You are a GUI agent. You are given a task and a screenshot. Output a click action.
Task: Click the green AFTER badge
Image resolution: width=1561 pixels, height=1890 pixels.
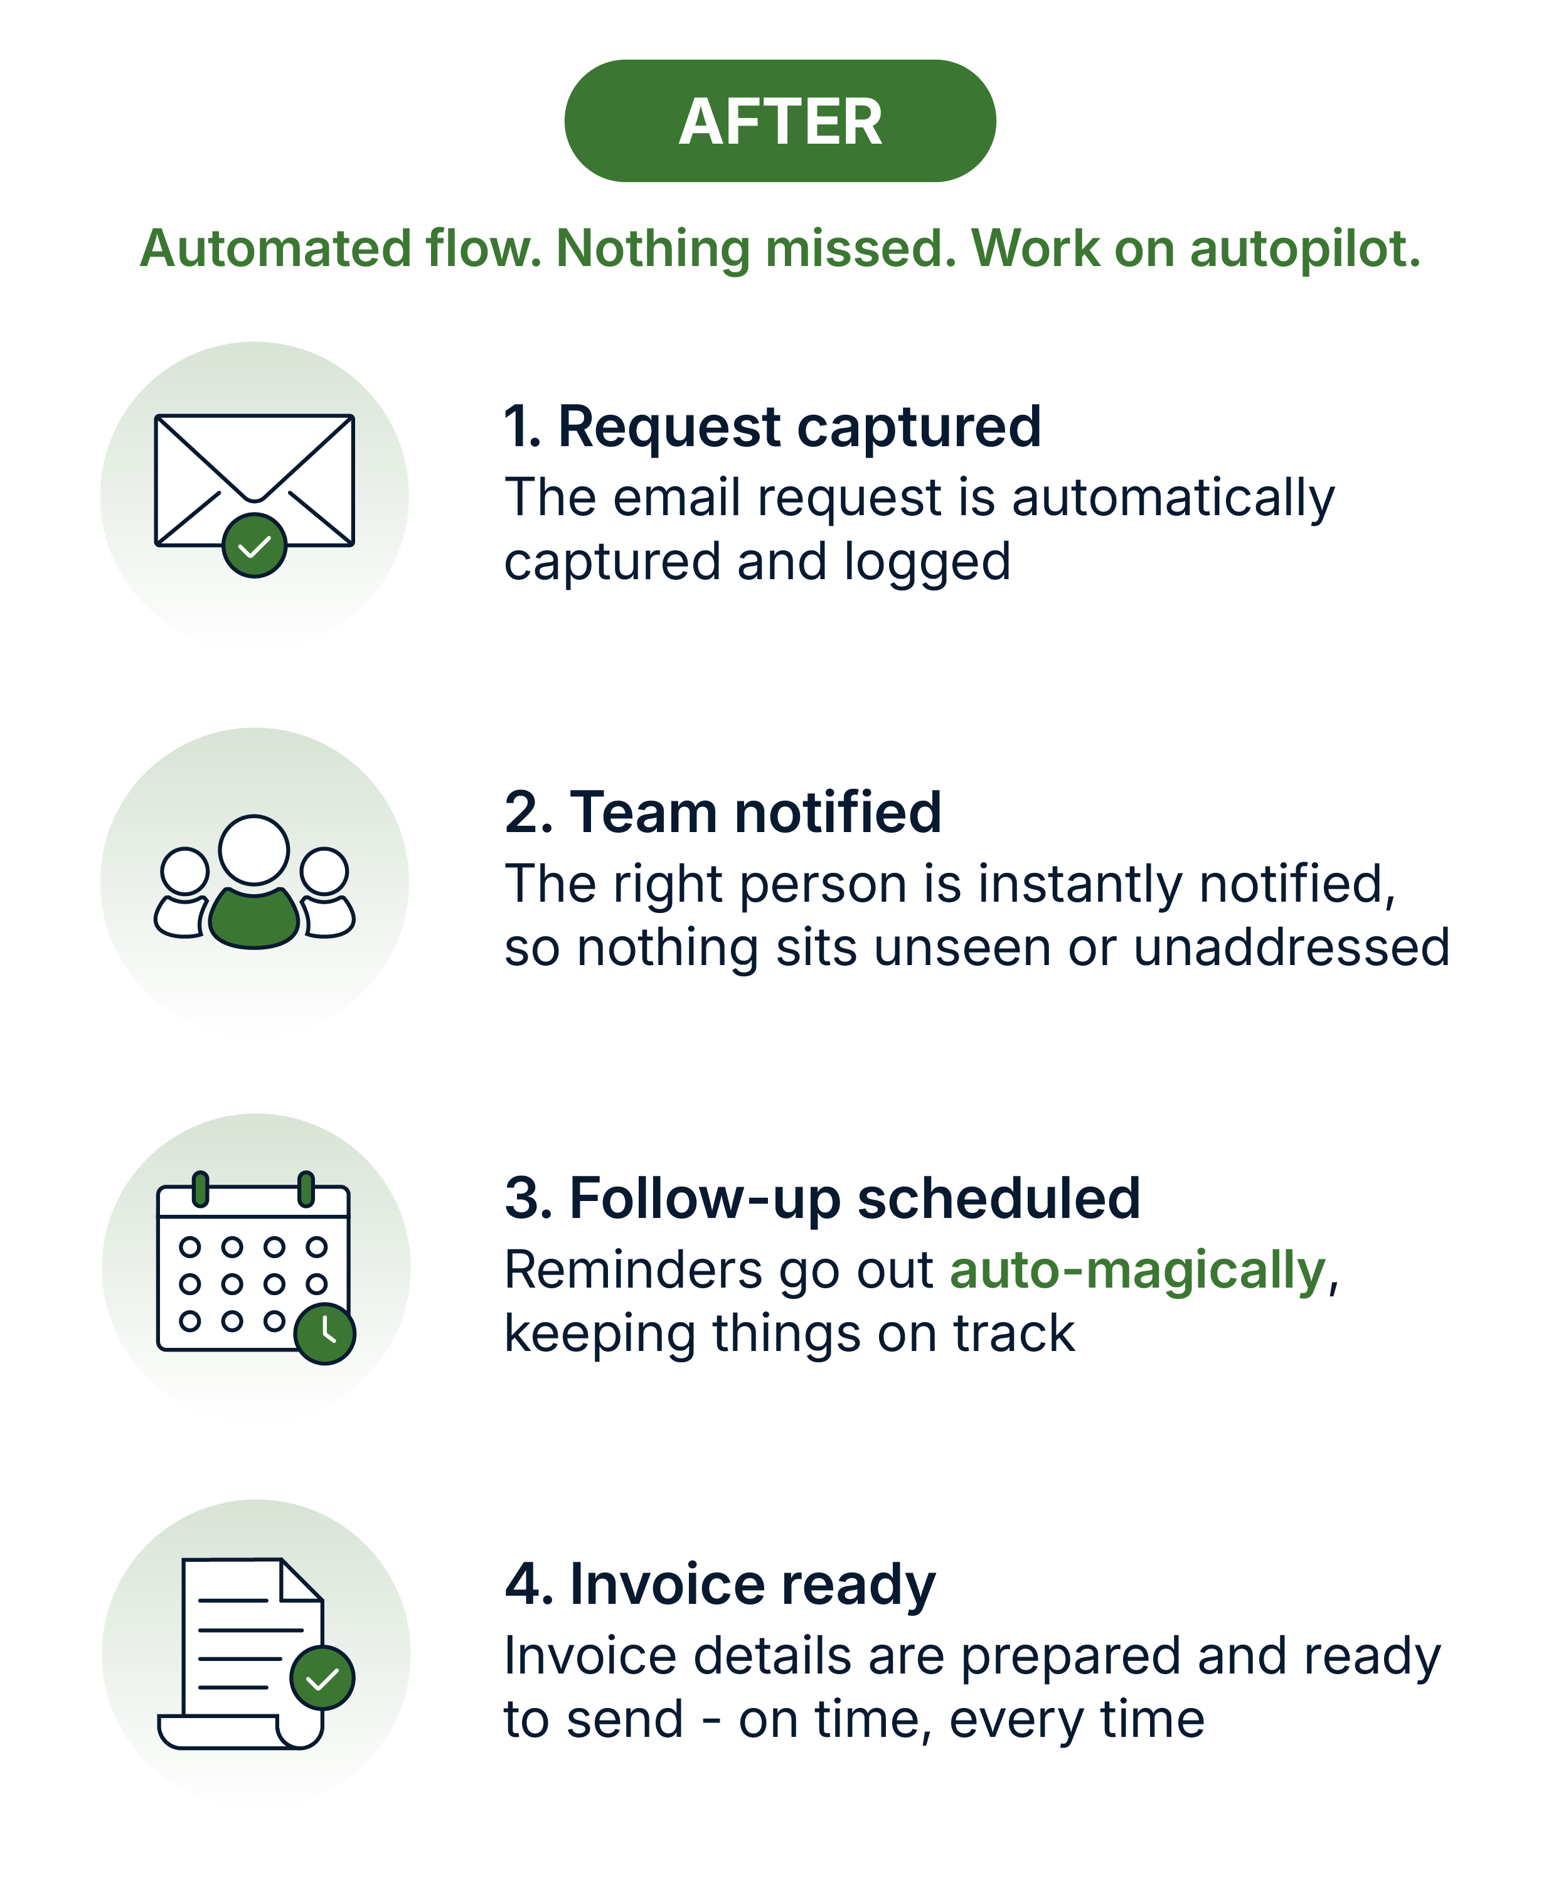click(780, 120)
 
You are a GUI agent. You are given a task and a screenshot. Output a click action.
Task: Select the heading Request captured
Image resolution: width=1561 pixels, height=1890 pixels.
click(799, 426)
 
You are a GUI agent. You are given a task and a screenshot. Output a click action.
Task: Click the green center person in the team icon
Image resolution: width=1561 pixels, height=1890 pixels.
click(255, 917)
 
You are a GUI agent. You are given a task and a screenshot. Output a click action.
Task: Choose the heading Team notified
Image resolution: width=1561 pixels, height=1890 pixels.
click(755, 812)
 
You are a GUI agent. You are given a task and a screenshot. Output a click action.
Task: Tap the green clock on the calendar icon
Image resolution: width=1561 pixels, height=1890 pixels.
click(324, 1333)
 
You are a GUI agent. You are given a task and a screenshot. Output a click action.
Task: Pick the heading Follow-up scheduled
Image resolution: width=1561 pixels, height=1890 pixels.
click(855, 1199)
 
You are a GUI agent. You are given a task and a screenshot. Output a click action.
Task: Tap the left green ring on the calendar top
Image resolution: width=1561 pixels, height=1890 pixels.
click(201, 1188)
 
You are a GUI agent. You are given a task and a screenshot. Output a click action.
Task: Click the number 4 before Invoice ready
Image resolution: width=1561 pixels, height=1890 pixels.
click(523, 1584)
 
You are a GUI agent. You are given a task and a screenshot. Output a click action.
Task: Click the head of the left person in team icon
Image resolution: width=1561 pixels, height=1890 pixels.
click(185, 872)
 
